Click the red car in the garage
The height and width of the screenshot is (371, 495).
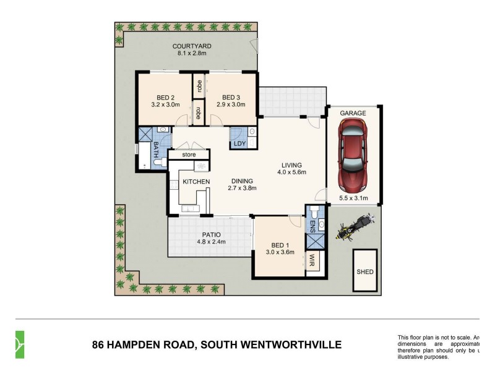[353, 154]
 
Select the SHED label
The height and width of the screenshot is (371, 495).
[365, 271]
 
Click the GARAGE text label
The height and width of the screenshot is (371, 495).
[353, 113]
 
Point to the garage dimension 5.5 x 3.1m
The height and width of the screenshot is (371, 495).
[353, 198]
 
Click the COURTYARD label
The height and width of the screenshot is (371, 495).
[192, 46]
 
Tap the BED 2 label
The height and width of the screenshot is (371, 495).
[164, 97]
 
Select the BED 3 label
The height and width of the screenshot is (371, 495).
[230, 97]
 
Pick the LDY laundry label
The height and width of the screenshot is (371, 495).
[239, 144]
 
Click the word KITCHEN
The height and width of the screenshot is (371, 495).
[196, 181]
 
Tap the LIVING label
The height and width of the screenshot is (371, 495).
[291, 165]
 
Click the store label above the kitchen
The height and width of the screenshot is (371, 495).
[188, 155]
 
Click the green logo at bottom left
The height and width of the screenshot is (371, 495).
[20, 344]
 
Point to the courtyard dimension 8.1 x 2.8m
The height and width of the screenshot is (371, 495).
[192, 54]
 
